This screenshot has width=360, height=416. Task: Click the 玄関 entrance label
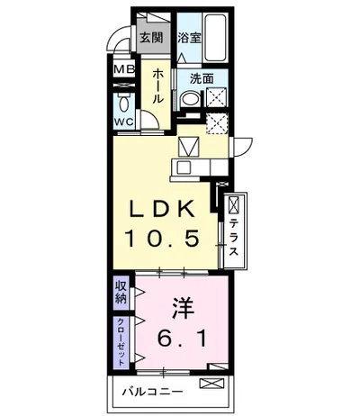pos(152,38)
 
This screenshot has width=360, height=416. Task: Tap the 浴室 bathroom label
pos(189,38)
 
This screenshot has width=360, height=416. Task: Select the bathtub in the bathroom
pos(214,38)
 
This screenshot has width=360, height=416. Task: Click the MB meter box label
pos(124,69)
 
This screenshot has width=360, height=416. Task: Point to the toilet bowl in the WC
pos(123,103)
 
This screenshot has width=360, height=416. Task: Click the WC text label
pos(123,122)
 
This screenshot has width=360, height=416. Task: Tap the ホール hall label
pos(158,86)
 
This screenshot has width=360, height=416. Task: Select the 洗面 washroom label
pos(202,78)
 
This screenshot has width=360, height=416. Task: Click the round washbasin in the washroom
pos(191,98)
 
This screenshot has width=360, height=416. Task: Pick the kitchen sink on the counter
pos(184,167)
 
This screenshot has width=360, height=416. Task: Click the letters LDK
pos(161,209)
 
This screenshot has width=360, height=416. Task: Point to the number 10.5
pos(162,238)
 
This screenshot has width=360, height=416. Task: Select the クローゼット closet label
pos(121,341)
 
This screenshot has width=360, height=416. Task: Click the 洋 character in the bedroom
pos(183,308)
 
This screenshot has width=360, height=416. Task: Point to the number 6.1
pos(182,339)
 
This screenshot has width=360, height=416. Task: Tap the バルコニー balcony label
pos(153,392)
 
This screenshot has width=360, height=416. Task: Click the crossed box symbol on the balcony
pos(212,384)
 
